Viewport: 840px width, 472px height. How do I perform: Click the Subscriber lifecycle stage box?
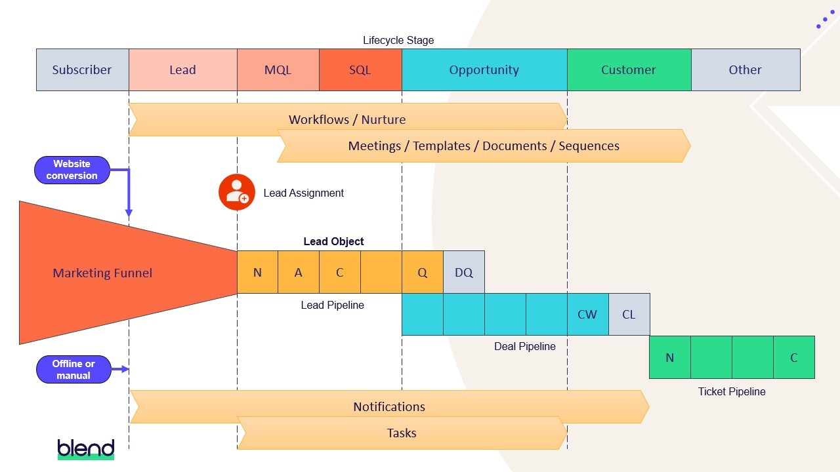click(82, 69)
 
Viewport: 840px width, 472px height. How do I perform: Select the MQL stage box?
click(278, 69)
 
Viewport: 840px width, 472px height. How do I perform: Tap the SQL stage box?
click(360, 69)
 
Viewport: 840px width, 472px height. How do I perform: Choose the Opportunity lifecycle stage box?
click(484, 69)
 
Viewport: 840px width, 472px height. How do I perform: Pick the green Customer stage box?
click(628, 69)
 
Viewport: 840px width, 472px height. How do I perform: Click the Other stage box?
click(745, 69)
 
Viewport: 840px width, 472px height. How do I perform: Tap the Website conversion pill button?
click(72, 170)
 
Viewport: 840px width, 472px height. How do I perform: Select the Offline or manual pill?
click(73, 370)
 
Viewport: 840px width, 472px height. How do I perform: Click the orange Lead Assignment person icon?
click(236, 192)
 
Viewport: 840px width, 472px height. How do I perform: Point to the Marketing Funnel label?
click(102, 273)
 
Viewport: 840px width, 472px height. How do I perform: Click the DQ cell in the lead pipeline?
click(463, 272)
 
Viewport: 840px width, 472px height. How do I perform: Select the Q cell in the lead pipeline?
click(422, 272)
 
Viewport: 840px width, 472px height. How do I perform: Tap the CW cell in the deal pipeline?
click(587, 315)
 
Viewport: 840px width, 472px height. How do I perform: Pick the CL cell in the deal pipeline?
click(629, 315)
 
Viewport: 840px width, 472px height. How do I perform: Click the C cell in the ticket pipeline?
click(793, 357)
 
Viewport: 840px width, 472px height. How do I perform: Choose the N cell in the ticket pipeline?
click(669, 357)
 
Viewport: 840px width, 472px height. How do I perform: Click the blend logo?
click(86, 448)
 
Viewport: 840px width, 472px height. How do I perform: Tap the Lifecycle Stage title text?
click(398, 40)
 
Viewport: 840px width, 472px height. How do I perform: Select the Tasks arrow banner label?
click(402, 433)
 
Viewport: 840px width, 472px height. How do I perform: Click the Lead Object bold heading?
click(333, 241)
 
